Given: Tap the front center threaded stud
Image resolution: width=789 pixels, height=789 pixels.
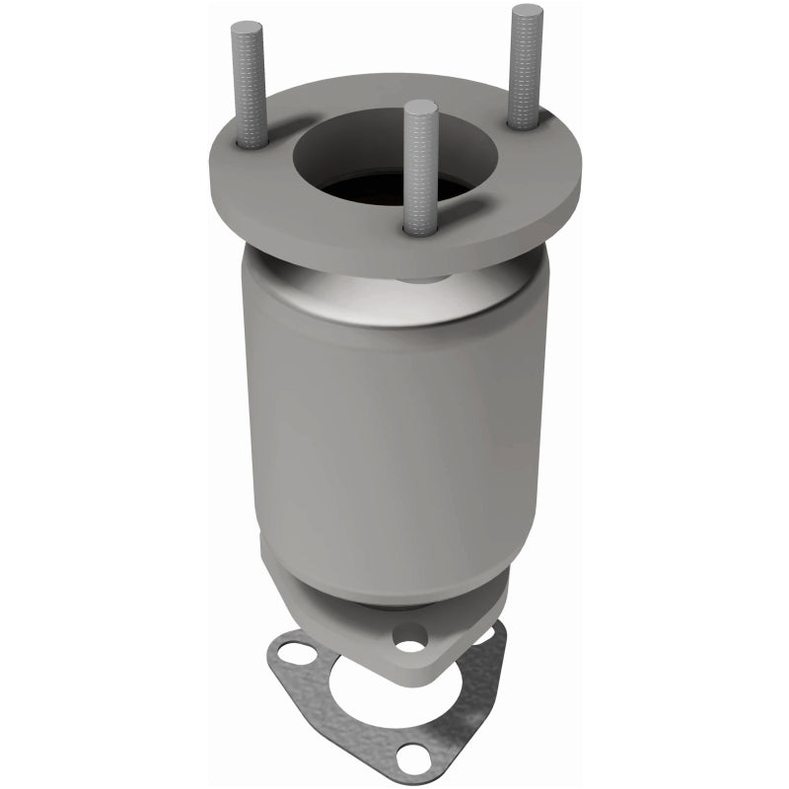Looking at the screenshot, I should click(418, 168).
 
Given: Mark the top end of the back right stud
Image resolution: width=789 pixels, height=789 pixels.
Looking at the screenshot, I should click(527, 13).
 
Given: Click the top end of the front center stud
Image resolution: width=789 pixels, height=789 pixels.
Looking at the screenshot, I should click(419, 107).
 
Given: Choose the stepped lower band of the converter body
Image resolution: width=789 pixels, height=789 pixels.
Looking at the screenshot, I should click(394, 562).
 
